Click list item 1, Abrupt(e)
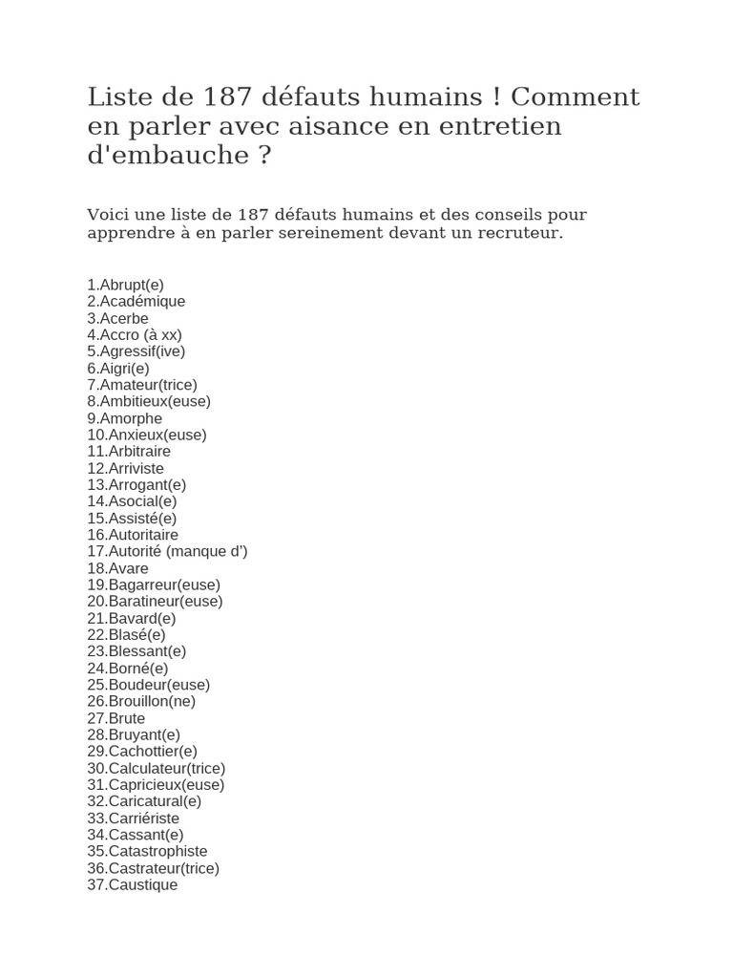125,285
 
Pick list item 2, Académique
136,301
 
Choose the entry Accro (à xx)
134,334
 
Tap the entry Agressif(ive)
136,351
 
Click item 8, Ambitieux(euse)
148,401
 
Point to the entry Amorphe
124,418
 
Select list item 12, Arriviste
125,468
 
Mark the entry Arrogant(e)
136,484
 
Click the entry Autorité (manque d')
167,551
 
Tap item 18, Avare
117,568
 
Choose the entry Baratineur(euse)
155,601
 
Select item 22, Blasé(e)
126,634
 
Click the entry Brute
115,718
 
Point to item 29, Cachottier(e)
142,751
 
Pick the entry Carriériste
133,818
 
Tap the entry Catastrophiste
147,851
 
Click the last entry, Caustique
132,884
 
